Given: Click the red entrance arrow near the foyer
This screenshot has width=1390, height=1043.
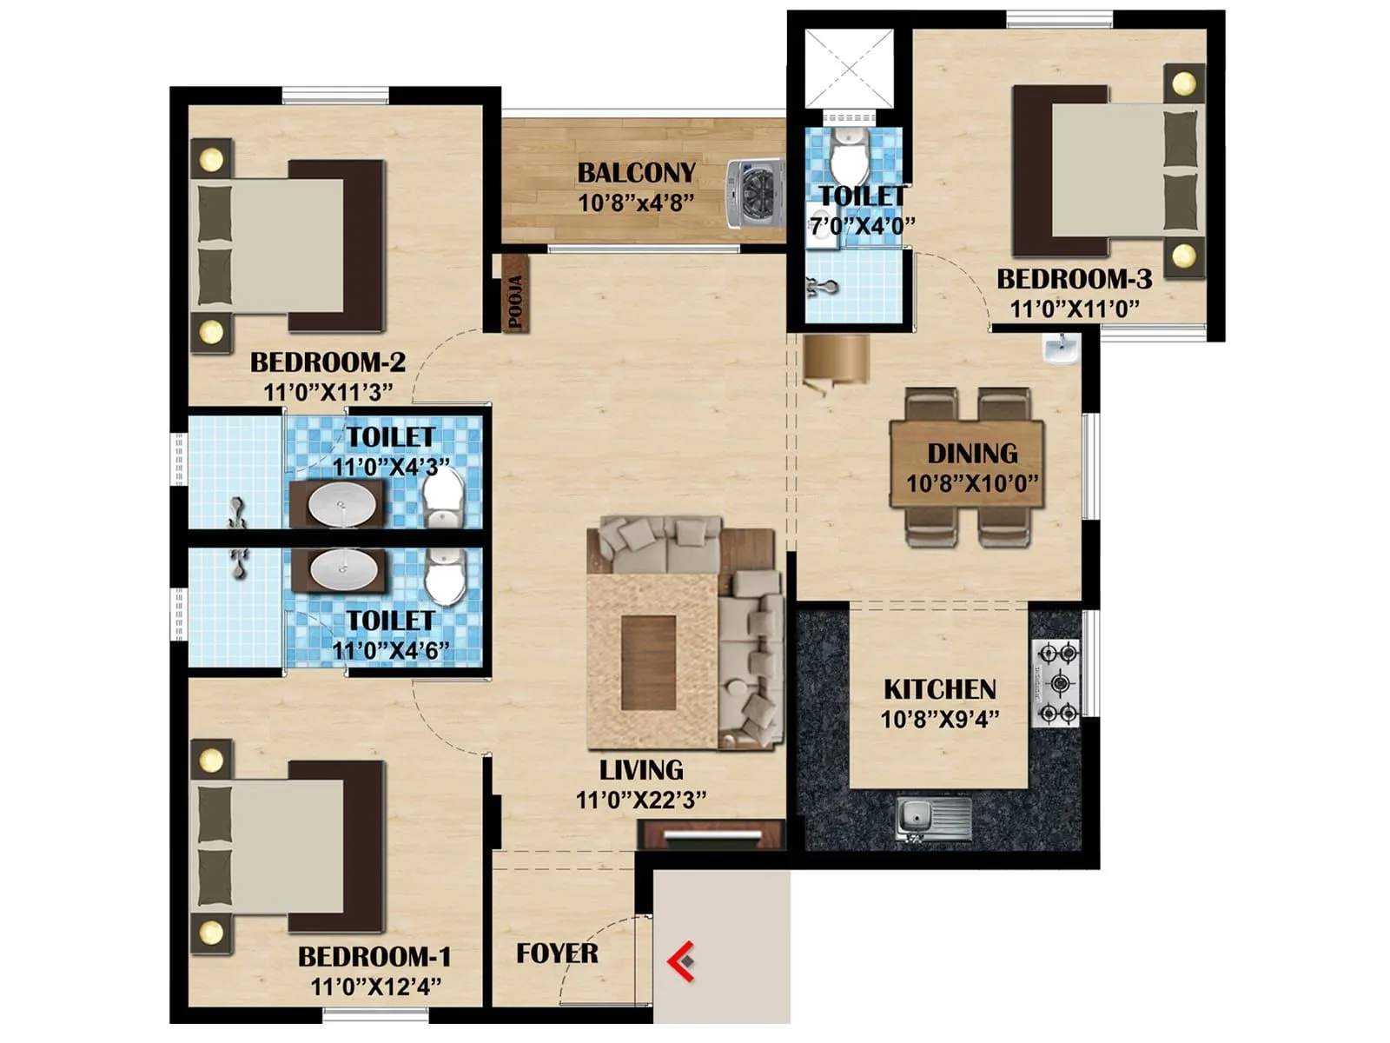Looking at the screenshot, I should tap(681, 961).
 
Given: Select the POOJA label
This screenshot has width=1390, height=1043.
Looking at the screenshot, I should tap(515, 302).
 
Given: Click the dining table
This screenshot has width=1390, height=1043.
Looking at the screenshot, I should tap(967, 465).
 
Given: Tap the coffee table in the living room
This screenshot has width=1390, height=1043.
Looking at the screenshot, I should tap(648, 662).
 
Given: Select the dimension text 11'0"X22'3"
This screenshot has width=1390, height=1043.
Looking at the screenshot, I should tap(641, 800).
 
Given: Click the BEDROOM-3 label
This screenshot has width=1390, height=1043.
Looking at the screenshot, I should tap(1074, 279).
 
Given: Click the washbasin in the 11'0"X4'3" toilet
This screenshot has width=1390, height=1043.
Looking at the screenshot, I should tap(344, 504).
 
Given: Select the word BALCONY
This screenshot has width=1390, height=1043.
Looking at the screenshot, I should tap(637, 173).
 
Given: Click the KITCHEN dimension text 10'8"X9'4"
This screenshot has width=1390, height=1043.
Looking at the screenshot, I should tap(939, 719).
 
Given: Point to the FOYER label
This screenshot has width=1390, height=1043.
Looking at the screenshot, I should tap(557, 953).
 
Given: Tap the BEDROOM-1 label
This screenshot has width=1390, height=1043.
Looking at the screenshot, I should tap(374, 957).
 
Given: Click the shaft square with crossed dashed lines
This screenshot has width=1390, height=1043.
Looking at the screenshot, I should tap(848, 68).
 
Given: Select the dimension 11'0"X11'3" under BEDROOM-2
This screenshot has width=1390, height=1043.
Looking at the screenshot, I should tap(328, 391).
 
